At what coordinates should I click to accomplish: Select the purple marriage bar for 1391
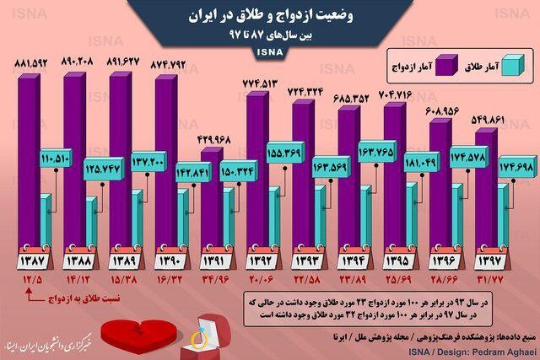point(210,202)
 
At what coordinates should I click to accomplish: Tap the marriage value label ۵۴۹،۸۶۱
point(480,121)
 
